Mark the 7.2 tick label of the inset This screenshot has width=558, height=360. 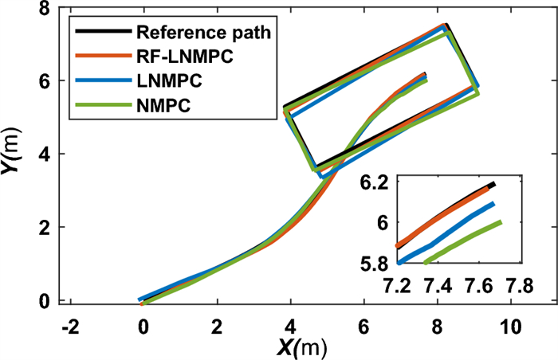tap(396, 284)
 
